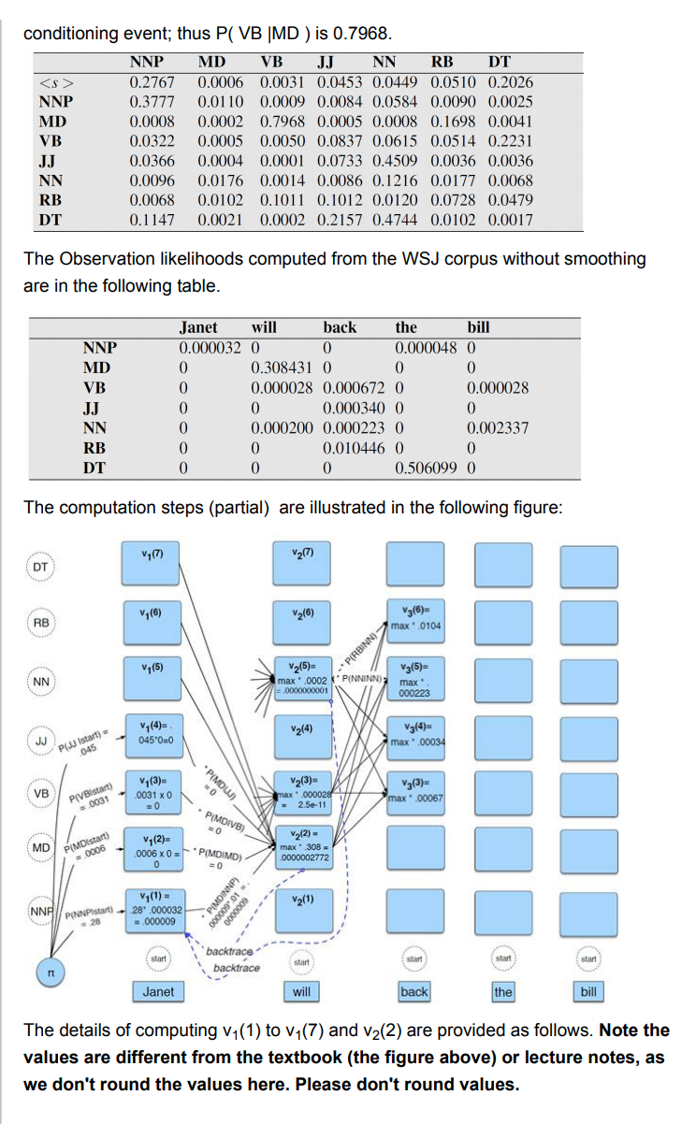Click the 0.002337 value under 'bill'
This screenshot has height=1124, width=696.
coord(498,428)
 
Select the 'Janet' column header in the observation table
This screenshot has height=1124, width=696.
coord(197,327)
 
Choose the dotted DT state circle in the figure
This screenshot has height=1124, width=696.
coord(40,568)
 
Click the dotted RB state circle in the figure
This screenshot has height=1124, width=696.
coord(40,623)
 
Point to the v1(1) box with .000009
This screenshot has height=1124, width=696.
coord(152,907)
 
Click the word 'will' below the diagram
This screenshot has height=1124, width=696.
coord(301,991)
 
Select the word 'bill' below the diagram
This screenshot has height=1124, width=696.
coord(587,991)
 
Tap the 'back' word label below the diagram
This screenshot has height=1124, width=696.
coord(413,991)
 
